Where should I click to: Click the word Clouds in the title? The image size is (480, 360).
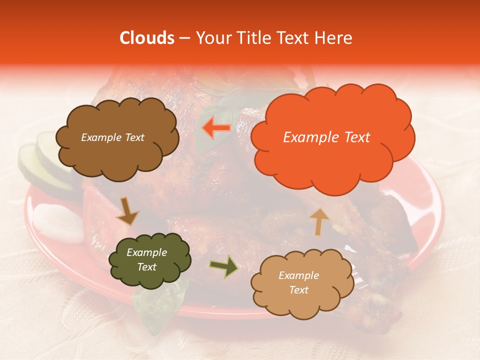[146, 38]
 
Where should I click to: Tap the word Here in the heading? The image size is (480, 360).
[333, 38]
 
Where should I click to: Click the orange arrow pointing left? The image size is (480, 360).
[216, 127]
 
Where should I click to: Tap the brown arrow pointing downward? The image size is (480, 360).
[127, 210]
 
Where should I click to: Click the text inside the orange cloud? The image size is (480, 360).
[326, 137]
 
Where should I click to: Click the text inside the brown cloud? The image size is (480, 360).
[112, 137]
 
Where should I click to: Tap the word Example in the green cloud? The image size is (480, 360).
[146, 252]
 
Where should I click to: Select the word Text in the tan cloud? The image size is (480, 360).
[298, 290]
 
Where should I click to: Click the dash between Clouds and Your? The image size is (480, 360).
[184, 38]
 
